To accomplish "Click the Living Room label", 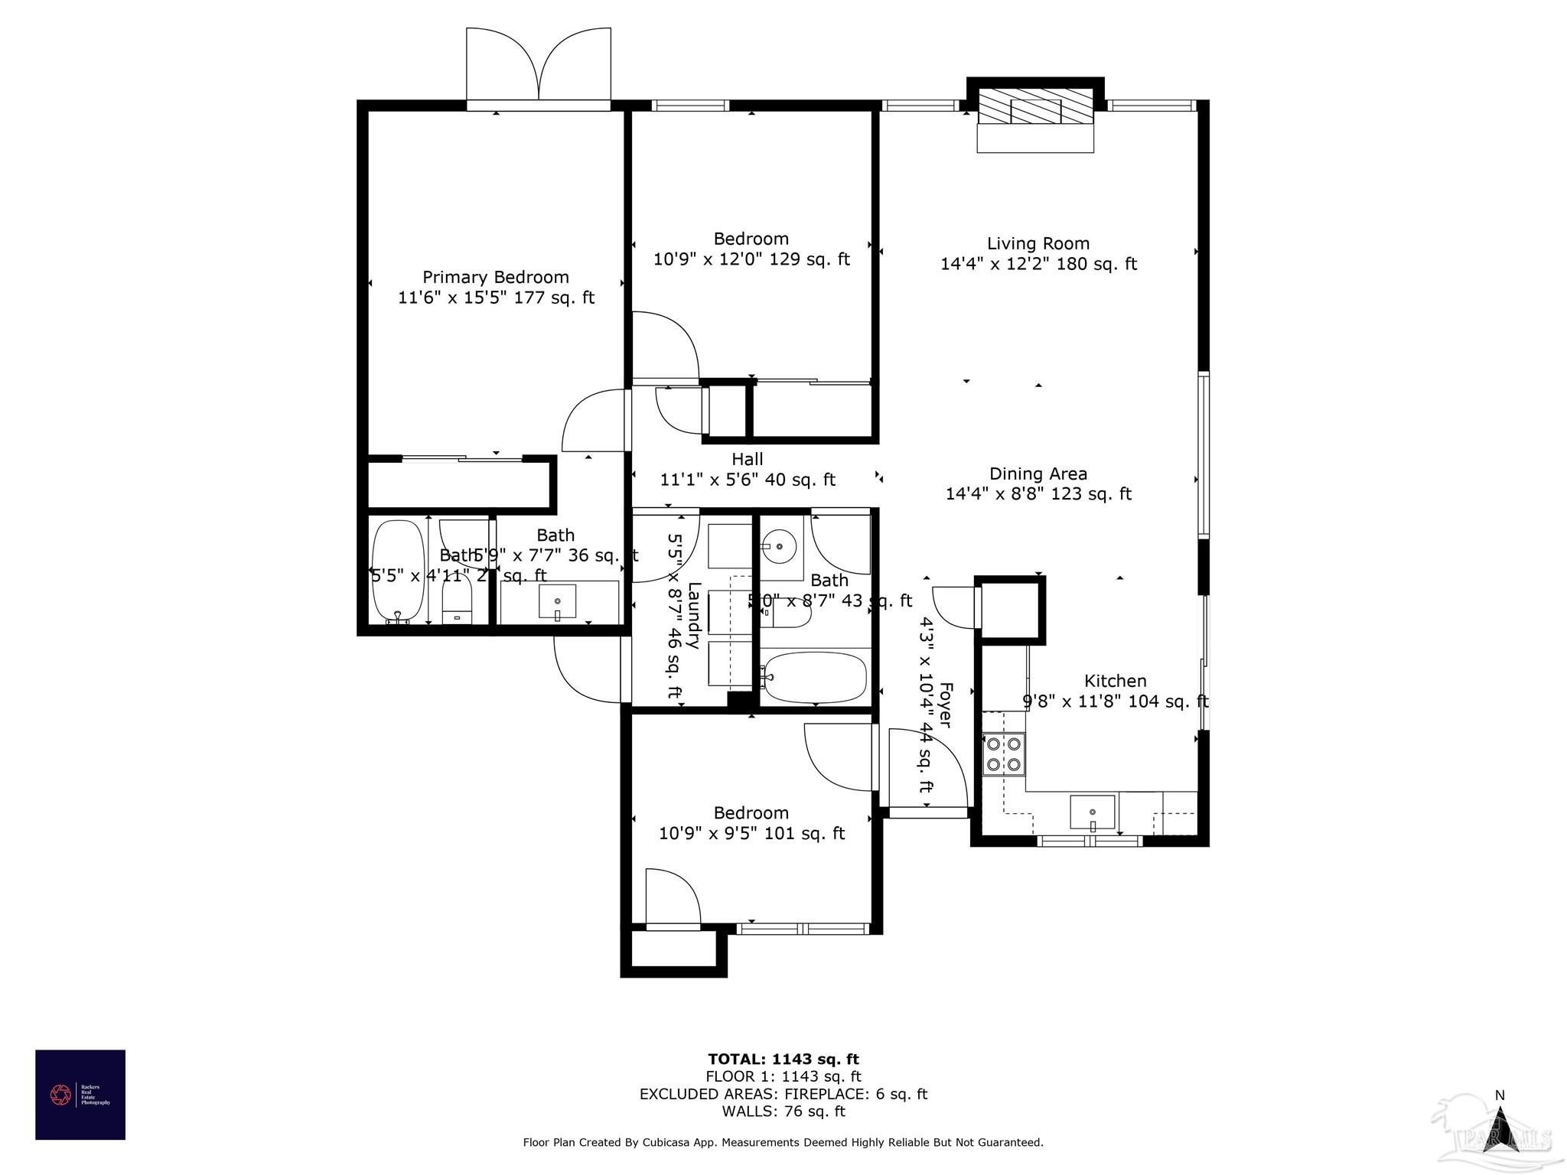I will [x=1038, y=244].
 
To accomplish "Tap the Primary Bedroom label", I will [x=496, y=278].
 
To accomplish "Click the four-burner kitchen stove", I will [x=1003, y=753].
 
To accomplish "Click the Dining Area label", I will [x=1038, y=474].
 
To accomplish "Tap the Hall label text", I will [x=747, y=460].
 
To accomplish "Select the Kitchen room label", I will [x=1115, y=681].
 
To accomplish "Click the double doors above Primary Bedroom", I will [x=539, y=67].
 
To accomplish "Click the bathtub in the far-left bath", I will [x=398, y=571].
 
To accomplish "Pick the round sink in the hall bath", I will [x=779, y=546].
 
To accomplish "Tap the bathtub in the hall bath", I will [x=815, y=677].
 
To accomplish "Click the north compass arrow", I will [x=1500, y=1128].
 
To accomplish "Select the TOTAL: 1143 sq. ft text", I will [x=783, y=1059].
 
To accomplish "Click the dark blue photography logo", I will [x=80, y=1095].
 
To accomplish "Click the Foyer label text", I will [x=945, y=705].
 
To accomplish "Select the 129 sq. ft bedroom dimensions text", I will [x=751, y=259].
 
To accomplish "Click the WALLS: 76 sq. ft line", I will [x=783, y=1112].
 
